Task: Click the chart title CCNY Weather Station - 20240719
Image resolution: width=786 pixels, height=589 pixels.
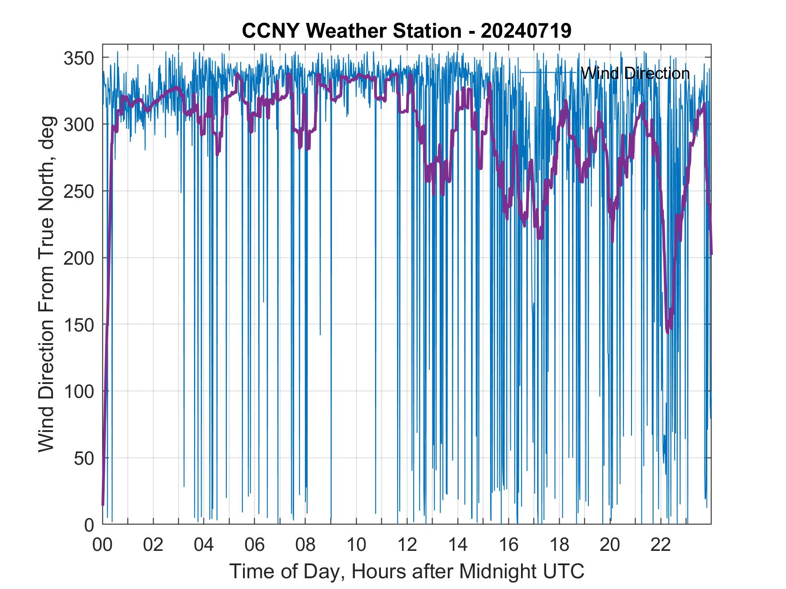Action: tap(406, 31)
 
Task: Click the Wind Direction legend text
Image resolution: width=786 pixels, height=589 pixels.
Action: tap(635, 73)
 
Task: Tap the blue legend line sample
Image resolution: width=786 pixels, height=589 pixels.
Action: tap(548, 72)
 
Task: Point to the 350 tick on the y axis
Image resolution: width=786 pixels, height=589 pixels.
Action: tap(79, 58)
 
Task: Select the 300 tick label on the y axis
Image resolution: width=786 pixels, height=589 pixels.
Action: tap(79, 124)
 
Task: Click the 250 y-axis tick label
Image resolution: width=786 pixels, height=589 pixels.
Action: tap(79, 191)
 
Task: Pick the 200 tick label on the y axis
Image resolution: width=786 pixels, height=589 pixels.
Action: tap(79, 258)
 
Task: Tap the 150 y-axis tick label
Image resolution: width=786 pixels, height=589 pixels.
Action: tap(79, 325)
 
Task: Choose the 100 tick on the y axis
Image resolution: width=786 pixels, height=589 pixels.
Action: tap(79, 392)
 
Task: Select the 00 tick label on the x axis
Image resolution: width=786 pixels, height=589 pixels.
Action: tap(102, 545)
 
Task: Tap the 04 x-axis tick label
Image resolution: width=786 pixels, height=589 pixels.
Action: tap(204, 545)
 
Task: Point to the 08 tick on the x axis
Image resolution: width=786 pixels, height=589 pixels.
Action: tap(305, 545)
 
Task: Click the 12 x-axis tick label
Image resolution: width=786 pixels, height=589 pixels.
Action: tap(407, 545)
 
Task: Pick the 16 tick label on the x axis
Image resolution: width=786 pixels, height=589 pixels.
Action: tap(508, 545)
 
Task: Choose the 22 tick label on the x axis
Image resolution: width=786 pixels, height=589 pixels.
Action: tap(661, 545)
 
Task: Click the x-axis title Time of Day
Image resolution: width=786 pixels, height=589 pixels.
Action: tap(406, 571)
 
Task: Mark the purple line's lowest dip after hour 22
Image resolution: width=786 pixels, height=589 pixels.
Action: tap(668, 331)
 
